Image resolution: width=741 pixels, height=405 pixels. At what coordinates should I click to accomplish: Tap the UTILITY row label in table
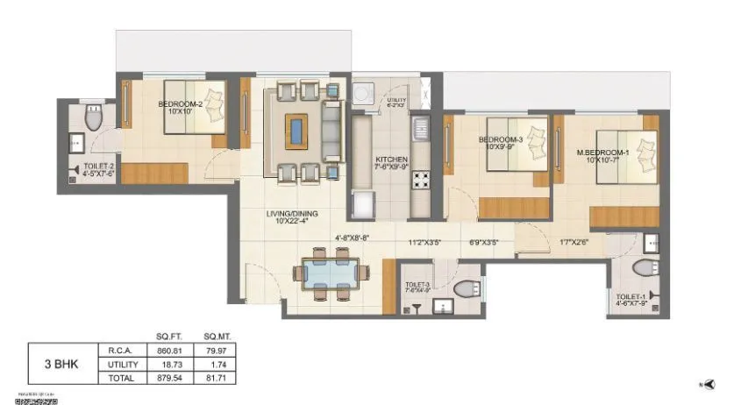point(124,364)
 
